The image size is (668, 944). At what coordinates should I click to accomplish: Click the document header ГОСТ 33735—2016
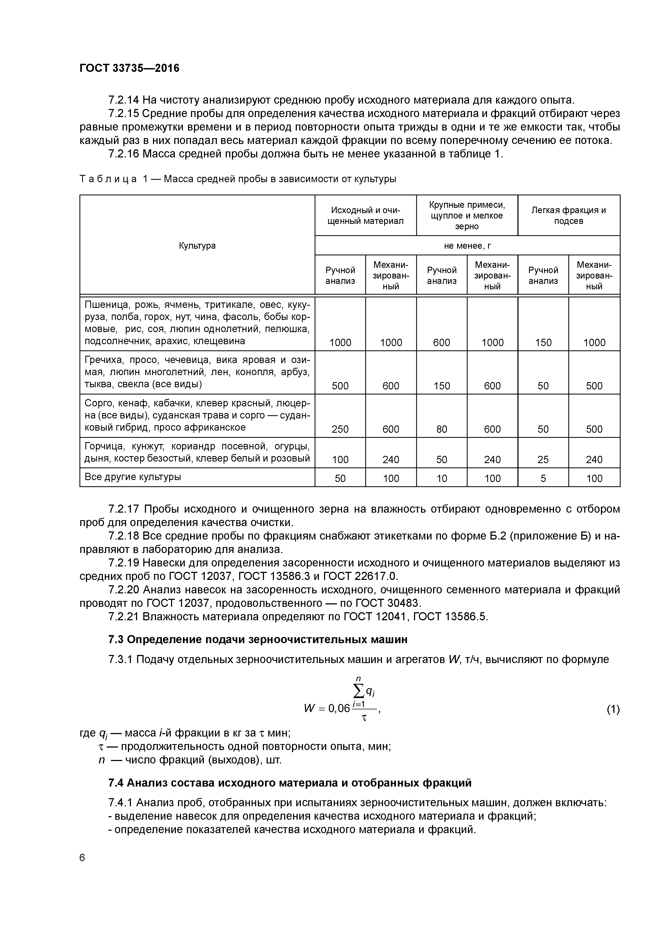(129, 68)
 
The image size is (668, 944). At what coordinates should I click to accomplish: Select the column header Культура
(197, 245)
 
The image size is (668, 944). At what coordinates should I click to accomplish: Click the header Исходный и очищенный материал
(366, 216)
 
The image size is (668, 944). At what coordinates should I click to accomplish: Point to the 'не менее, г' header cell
(467, 245)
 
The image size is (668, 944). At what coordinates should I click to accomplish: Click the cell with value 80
(442, 429)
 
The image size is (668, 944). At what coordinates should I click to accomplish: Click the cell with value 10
(442, 478)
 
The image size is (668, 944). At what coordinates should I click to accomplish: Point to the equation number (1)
(613, 709)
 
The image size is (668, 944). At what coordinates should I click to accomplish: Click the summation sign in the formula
(359, 692)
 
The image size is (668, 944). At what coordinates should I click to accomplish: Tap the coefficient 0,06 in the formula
(339, 709)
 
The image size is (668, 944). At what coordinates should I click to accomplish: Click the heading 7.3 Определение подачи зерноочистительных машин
(258, 639)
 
